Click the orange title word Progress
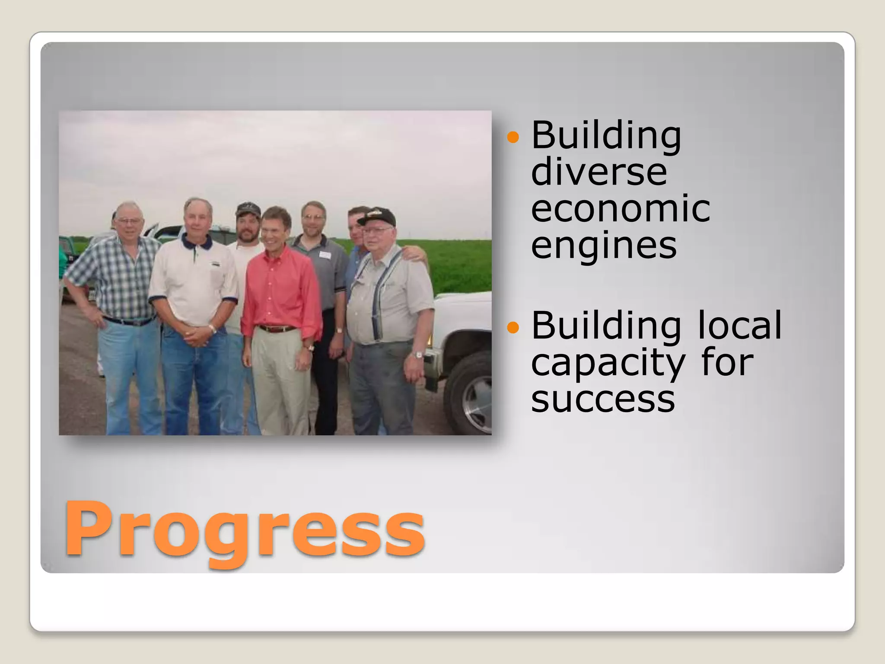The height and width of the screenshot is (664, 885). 244,530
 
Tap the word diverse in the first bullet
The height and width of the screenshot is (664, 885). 599,172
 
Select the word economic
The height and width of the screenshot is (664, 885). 620,209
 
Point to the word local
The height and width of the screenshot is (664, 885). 739,325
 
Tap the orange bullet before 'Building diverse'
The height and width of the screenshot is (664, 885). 513,137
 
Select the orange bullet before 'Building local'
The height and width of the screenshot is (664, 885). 513,327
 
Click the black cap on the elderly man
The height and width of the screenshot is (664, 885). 377,216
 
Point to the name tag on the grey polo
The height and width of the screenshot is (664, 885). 325,255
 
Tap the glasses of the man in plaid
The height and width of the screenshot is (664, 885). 129,221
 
